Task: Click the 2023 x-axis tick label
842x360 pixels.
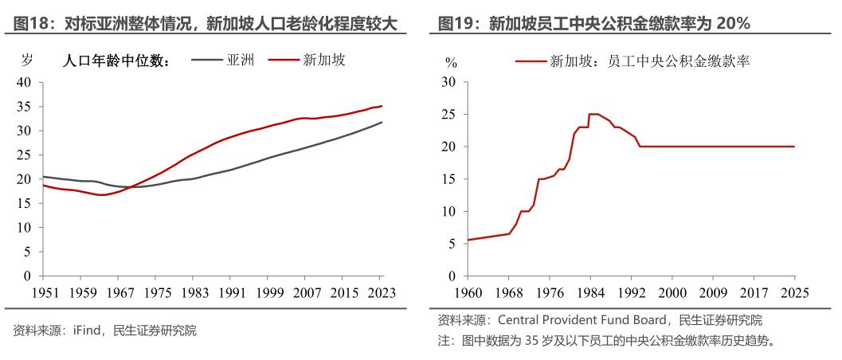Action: (x=381, y=292)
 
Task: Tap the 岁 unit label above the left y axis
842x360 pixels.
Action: (x=26, y=60)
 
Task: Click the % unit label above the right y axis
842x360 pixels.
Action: (x=451, y=61)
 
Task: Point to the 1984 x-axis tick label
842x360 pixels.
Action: (x=589, y=292)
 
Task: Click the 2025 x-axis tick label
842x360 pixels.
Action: (x=793, y=292)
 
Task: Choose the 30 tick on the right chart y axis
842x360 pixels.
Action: (x=448, y=82)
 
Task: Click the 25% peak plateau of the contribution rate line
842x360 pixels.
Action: (x=594, y=114)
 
